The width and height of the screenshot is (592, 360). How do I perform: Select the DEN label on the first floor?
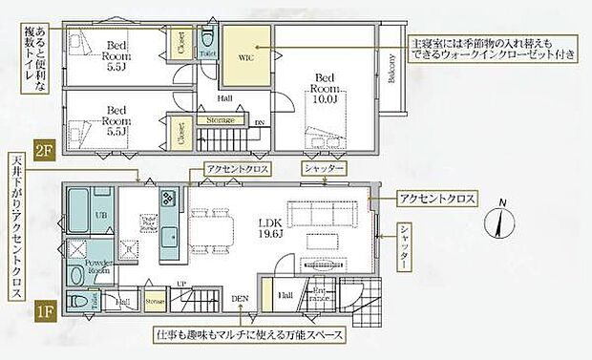pos(240,299)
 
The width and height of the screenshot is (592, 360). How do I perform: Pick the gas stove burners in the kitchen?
pos(168,201)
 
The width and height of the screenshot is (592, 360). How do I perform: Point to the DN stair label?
pos(259,122)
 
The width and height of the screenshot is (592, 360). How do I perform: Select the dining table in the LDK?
pos(213,228)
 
